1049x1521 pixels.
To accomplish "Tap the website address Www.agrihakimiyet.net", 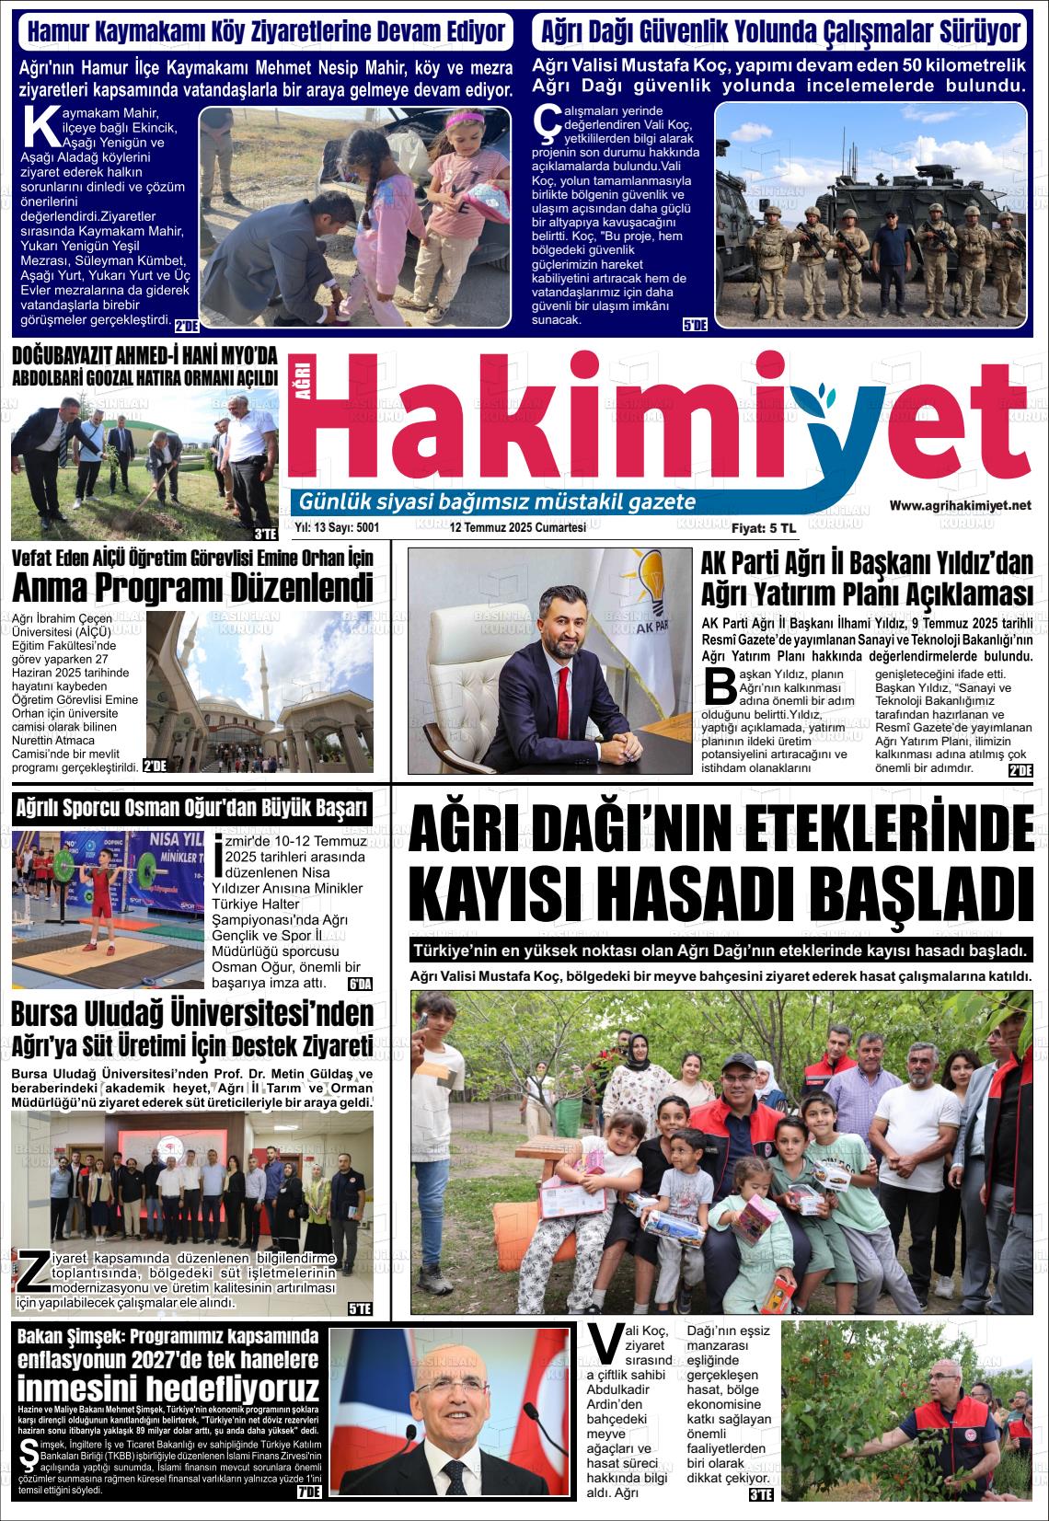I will pyautogui.click(x=960, y=505).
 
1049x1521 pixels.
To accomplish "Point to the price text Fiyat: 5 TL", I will pyautogui.click(x=763, y=528).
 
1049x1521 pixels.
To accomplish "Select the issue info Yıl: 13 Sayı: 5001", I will pyautogui.click(x=337, y=527).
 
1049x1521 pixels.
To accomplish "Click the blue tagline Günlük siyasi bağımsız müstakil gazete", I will pyautogui.click(x=492, y=502).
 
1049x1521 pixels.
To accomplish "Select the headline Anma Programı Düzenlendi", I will pyautogui.click(x=192, y=587).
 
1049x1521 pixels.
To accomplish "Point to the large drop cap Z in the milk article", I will pyautogui.click(x=32, y=1270).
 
